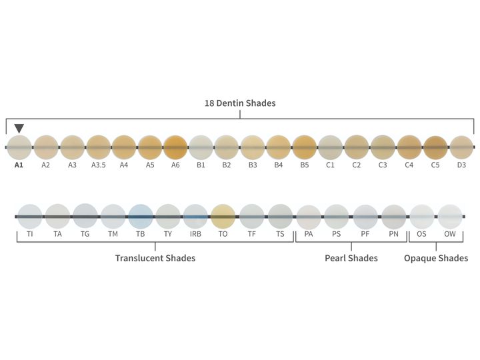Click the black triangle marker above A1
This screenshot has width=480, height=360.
coord(19,128)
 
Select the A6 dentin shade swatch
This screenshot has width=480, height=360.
coord(175,147)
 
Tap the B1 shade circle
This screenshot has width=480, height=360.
coord(201,147)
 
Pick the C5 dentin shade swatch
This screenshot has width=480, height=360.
coord(436,147)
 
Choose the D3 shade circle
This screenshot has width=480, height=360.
coord(461,147)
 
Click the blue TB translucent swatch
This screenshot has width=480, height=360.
coord(141,217)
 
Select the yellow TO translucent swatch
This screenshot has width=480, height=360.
coord(223,217)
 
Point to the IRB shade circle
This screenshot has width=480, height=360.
coord(195,217)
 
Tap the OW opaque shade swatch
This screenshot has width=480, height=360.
coord(450,217)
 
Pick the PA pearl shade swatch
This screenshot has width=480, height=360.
coord(309,217)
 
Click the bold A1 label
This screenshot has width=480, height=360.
coord(19,165)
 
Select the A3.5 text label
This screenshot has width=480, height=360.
coord(98,165)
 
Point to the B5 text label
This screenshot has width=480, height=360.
coord(304,165)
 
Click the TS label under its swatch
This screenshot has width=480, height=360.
coord(280,234)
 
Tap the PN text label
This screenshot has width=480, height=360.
coord(394,234)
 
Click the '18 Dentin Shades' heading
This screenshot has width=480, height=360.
coord(240,103)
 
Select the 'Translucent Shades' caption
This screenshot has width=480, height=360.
coord(155,258)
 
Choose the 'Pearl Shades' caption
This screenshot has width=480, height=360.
coord(351,258)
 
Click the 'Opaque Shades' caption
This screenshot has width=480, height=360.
coord(436,259)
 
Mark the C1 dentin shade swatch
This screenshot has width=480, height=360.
coord(330,147)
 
